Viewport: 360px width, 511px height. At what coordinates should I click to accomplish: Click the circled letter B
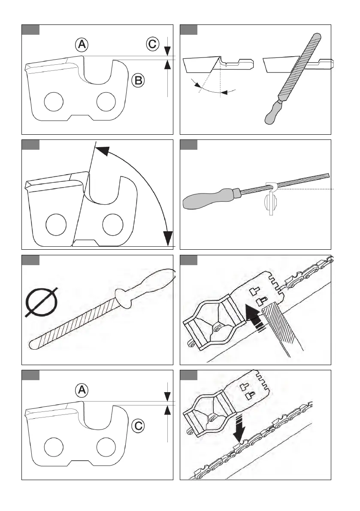[138, 80]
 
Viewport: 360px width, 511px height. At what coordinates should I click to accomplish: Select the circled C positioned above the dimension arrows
[152, 44]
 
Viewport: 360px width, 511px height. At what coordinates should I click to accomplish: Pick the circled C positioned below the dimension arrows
[138, 426]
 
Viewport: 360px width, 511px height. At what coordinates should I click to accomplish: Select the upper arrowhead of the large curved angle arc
[100, 150]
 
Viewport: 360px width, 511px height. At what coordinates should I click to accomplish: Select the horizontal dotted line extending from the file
[309, 188]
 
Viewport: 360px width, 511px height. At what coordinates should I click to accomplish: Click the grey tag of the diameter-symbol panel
[31, 260]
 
